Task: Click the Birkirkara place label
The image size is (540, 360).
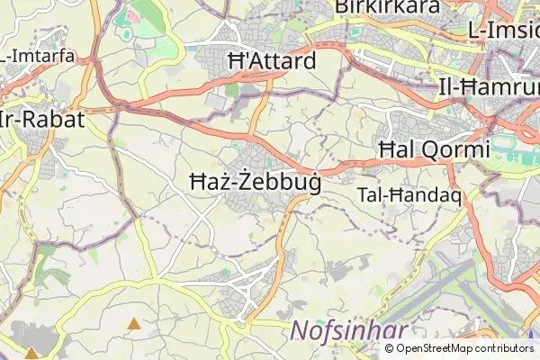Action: click(387, 7)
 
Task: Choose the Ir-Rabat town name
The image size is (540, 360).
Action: click(43, 120)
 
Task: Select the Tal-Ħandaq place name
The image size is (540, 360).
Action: click(409, 194)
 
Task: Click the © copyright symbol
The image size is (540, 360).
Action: click(390, 348)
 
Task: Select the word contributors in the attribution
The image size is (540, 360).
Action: click(504, 348)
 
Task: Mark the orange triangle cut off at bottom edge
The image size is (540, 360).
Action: click(31, 355)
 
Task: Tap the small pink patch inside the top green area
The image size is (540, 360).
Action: click(132, 16)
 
